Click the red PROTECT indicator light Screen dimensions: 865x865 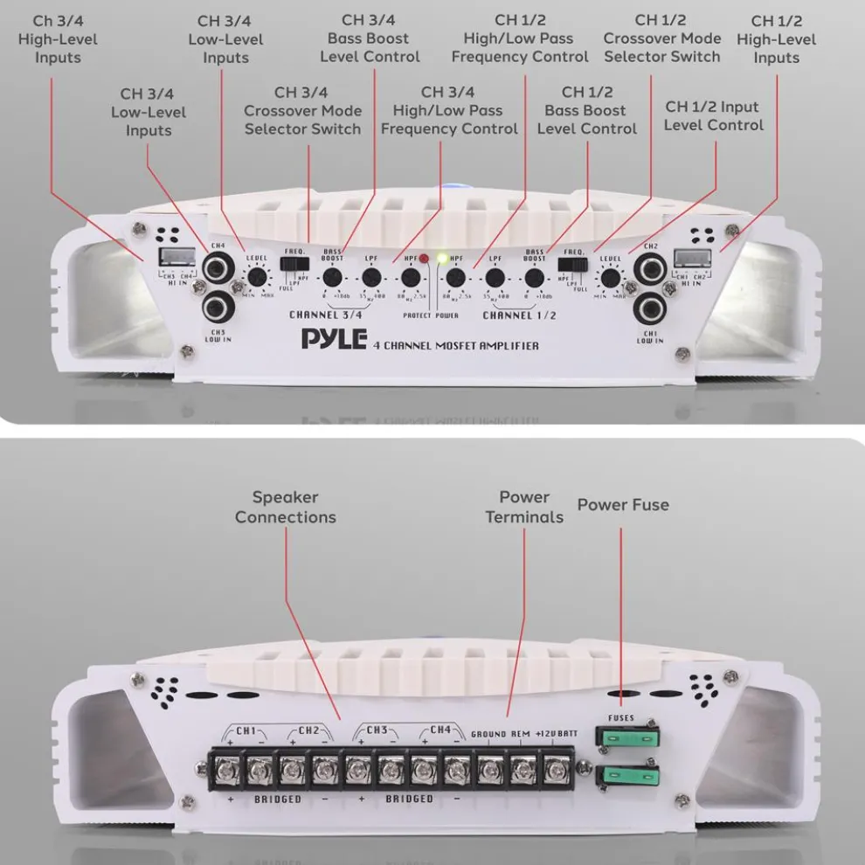(x=425, y=259)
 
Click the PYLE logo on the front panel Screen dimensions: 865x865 (x=334, y=339)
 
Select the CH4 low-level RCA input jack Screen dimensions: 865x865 (x=216, y=268)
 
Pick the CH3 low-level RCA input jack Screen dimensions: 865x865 (x=216, y=307)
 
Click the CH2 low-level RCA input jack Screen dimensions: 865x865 (x=650, y=268)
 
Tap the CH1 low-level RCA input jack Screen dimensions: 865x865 (x=650, y=307)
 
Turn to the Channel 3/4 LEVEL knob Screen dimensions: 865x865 (x=256, y=278)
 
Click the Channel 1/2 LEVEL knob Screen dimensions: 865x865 (x=610, y=278)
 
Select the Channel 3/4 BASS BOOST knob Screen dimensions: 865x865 (x=332, y=278)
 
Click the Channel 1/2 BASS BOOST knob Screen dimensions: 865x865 (x=534, y=278)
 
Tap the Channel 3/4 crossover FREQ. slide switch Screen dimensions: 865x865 (x=292, y=263)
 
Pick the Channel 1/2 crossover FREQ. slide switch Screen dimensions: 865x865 (x=574, y=263)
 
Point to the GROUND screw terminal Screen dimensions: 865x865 (x=489, y=770)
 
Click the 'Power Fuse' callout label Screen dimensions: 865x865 (x=623, y=505)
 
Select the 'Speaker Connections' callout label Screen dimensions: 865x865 (x=286, y=507)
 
